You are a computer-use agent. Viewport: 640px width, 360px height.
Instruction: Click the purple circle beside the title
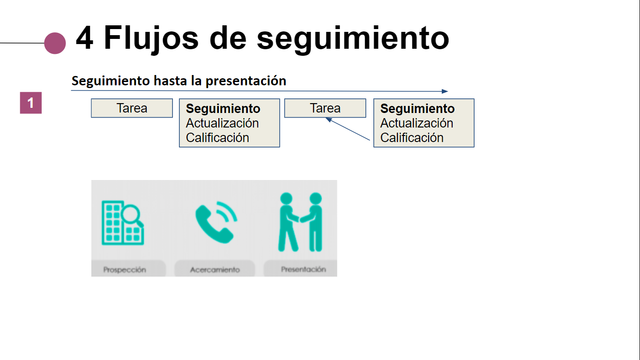(x=55, y=43)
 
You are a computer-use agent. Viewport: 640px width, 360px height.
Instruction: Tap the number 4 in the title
(x=85, y=38)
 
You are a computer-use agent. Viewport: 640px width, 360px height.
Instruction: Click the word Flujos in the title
(x=151, y=39)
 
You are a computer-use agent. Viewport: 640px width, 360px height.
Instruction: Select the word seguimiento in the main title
(x=353, y=39)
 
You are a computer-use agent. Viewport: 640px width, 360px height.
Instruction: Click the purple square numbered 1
(x=31, y=103)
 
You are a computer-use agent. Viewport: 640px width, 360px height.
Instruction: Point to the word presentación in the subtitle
(x=246, y=81)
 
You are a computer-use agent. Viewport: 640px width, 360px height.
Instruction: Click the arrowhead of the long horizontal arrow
(x=445, y=91)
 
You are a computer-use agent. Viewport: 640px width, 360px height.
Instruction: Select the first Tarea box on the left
(x=132, y=108)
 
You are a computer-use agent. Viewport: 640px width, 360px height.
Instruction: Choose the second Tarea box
(x=325, y=108)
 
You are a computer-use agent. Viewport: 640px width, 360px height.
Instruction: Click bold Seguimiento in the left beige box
(x=223, y=109)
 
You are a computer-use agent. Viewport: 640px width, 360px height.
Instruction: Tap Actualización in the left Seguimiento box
(x=222, y=123)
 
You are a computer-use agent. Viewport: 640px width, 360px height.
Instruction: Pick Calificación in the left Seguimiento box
(x=217, y=138)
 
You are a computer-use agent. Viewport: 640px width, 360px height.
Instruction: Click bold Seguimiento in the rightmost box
(x=417, y=109)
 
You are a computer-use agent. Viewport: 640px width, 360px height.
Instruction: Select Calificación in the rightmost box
(x=412, y=138)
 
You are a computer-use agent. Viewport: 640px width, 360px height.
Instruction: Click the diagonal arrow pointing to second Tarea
(x=348, y=129)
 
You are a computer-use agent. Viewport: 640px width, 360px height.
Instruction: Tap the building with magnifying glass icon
(x=123, y=223)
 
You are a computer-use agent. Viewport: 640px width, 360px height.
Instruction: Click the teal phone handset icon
(x=216, y=222)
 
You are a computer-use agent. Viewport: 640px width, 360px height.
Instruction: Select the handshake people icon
(x=300, y=222)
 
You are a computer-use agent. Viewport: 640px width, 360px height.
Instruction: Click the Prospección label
(x=125, y=270)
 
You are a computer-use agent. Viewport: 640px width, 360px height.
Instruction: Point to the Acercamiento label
(x=215, y=270)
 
